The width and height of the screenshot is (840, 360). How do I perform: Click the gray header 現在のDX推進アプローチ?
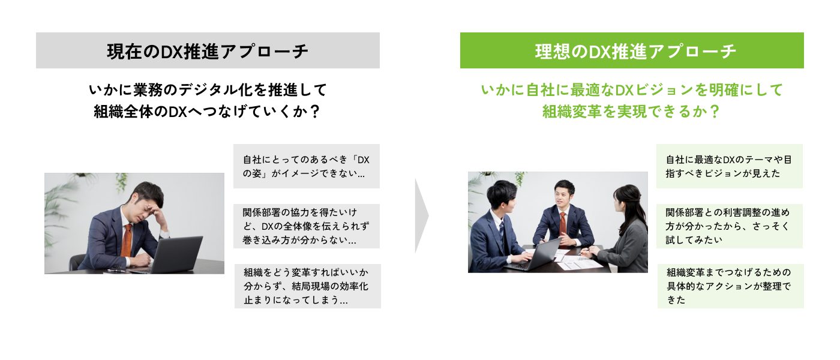[x=208, y=50]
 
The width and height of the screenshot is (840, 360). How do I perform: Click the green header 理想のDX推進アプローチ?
[x=632, y=50]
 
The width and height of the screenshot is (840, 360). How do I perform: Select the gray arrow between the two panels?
[x=422, y=215]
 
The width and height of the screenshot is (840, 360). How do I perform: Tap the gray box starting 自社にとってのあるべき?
[x=306, y=167]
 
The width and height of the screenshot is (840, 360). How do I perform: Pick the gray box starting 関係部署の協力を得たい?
[x=306, y=226]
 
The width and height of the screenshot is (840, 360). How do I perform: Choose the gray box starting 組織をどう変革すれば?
[x=307, y=286]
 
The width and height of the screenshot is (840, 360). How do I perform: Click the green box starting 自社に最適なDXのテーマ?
[x=730, y=166]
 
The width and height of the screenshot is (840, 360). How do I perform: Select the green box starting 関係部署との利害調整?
[x=730, y=226]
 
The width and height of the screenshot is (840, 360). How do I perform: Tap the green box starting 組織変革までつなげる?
[x=730, y=286]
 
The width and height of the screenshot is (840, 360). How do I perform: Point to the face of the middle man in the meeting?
[x=563, y=194]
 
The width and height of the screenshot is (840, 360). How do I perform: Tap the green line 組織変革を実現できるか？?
[x=631, y=112]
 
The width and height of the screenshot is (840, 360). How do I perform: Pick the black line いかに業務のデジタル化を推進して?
[x=208, y=90]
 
